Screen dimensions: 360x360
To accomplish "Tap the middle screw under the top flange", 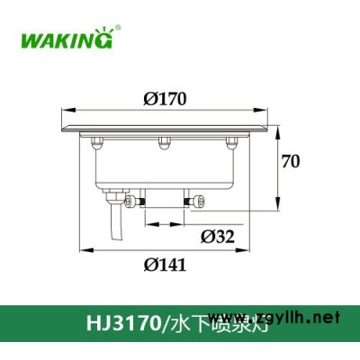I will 164,139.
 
